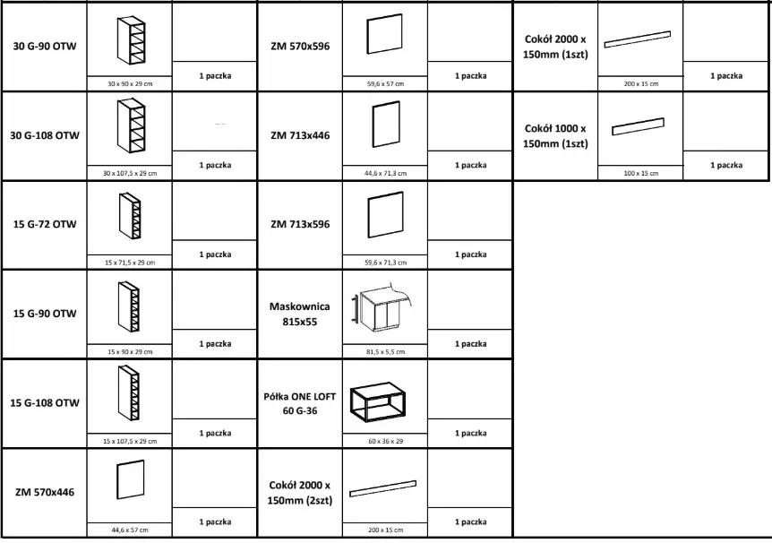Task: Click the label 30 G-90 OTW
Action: pyautogui.click(x=45, y=47)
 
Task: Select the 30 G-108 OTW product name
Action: pyautogui.click(x=45, y=135)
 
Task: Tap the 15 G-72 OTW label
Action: pyautogui.click(x=45, y=224)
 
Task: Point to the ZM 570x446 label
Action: pyautogui.click(x=45, y=492)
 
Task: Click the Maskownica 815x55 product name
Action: pyautogui.click(x=300, y=314)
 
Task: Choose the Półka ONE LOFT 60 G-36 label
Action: pyautogui.click(x=300, y=403)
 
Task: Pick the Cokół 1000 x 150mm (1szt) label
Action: pyautogui.click(x=555, y=136)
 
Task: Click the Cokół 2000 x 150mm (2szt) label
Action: pyautogui.click(x=300, y=493)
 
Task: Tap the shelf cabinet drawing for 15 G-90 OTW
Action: pyautogui.click(x=129, y=306)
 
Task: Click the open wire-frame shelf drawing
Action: pyautogui.click(x=378, y=402)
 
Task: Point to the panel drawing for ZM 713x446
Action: pyautogui.click(x=386, y=125)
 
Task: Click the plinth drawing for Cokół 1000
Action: pyautogui.click(x=638, y=126)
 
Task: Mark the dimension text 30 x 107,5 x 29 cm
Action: pyautogui.click(x=130, y=173)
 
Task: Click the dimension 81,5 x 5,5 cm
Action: pyautogui.click(x=385, y=352)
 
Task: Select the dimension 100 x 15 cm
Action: pyautogui.click(x=641, y=173)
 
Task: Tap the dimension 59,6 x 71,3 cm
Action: pyautogui.click(x=385, y=263)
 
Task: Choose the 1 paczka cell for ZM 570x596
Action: pyautogui.click(x=471, y=76)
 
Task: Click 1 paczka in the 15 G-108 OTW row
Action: pyautogui.click(x=215, y=433)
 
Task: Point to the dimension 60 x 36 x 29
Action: pyautogui.click(x=385, y=441)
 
